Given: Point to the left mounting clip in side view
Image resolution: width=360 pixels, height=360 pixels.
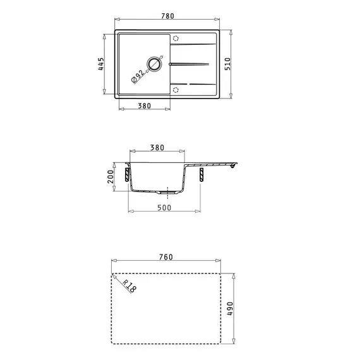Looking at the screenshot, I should (x=128, y=172).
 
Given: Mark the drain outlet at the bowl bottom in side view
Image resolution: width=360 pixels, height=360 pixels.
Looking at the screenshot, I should (x=165, y=191).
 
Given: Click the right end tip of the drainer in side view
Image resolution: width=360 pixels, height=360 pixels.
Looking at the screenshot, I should (x=235, y=165).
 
